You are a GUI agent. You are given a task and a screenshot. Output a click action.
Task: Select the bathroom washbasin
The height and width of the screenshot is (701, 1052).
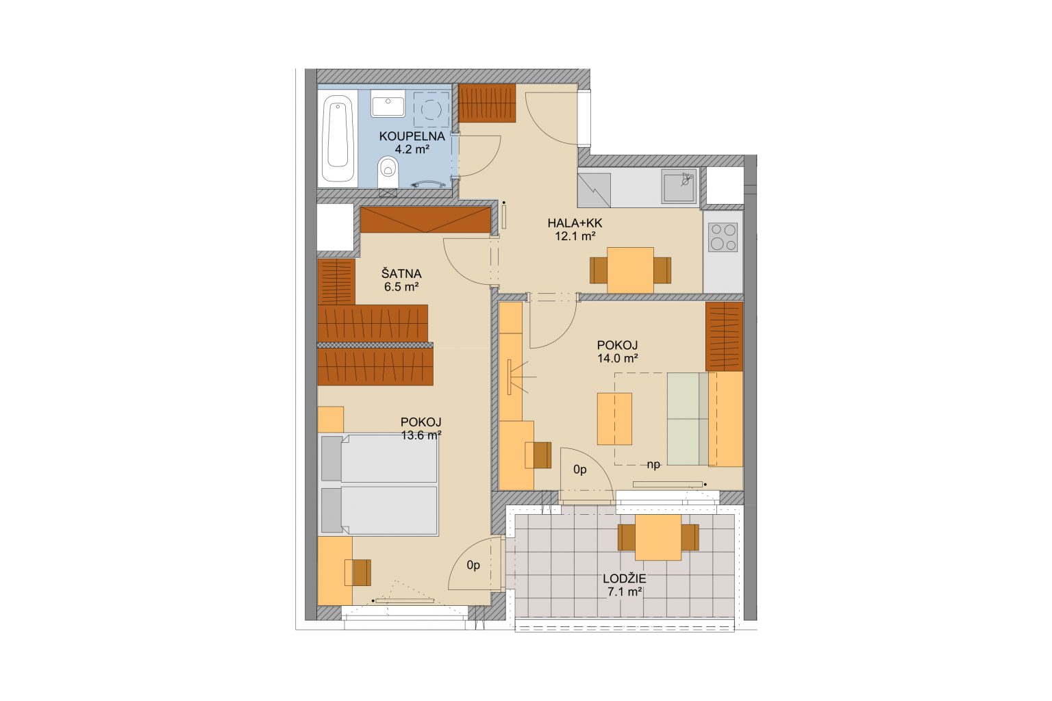pyautogui.click(x=388, y=103)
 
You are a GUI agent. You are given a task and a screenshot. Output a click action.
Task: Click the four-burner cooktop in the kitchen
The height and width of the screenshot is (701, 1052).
pyautogui.click(x=723, y=238)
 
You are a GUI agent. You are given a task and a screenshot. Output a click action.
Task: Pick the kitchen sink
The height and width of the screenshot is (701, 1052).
pyautogui.click(x=679, y=186)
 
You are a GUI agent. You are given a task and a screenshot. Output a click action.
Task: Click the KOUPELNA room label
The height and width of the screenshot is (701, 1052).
pyautogui.click(x=412, y=137)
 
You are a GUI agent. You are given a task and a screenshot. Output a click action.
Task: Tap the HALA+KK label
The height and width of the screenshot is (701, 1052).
pyautogui.click(x=575, y=223)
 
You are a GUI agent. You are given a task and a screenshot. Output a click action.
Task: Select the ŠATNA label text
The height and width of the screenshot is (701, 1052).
pyautogui.click(x=401, y=272)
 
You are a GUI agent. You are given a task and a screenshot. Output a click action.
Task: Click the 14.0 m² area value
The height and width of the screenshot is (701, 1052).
pyautogui.click(x=617, y=358)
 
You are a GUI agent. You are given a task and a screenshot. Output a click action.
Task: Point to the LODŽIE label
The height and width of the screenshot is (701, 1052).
pyautogui.click(x=625, y=578)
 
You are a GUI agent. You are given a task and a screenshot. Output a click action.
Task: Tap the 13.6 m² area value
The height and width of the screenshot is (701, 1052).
pyautogui.click(x=421, y=435)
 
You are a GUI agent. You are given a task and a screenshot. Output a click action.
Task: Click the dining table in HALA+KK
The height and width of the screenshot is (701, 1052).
pyautogui.click(x=630, y=270)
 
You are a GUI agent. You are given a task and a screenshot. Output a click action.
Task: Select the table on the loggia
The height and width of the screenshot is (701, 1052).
pyautogui.click(x=658, y=537)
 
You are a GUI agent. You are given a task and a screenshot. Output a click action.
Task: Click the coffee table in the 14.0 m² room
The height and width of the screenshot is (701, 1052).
pyautogui.click(x=614, y=419)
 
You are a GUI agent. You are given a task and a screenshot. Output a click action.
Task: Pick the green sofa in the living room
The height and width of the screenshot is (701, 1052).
pyautogui.click(x=688, y=419)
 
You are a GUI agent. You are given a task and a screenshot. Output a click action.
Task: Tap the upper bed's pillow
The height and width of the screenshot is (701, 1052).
pyautogui.click(x=331, y=459)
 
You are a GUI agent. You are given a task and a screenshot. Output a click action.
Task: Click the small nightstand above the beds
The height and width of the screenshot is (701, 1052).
pyautogui.click(x=331, y=419)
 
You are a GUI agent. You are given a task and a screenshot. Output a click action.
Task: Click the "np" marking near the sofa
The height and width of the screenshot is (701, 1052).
pyautogui.click(x=653, y=464)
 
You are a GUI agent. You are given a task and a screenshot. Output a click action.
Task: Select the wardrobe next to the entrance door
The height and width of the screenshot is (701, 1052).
pyautogui.click(x=487, y=103)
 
